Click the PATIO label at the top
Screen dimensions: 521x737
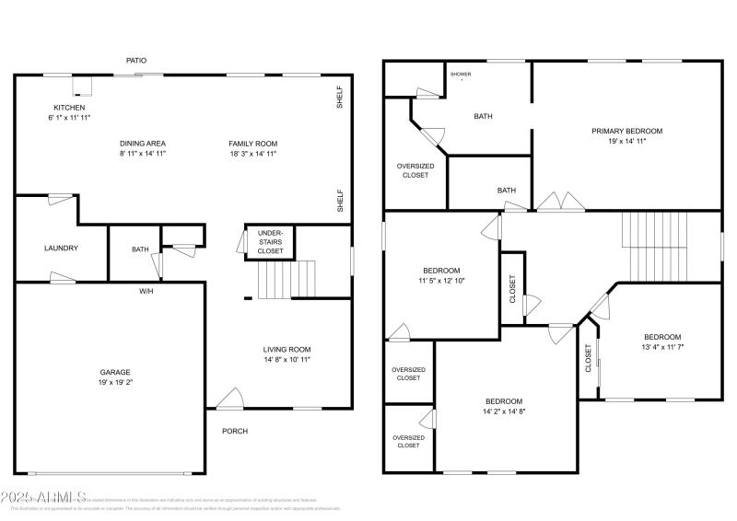point(135,61)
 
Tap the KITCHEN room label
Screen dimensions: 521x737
point(69,108)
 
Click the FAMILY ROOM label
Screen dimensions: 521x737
point(253,144)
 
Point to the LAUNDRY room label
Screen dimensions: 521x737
point(61,248)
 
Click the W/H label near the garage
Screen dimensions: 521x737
point(146,291)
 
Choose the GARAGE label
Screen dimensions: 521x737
point(115,372)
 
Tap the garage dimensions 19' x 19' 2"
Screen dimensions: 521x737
point(115,383)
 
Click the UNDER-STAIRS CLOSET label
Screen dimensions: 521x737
point(270,242)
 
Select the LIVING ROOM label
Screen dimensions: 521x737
point(287,349)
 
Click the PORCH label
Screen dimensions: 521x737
point(234,431)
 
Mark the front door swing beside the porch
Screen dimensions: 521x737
point(230,398)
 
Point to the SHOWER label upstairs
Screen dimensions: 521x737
point(461,74)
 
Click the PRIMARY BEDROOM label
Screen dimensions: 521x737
point(626,131)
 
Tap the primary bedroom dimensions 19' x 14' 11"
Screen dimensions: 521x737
point(626,142)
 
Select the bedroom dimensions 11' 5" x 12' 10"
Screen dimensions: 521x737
point(441,281)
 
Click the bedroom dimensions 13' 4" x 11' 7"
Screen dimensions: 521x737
point(662,348)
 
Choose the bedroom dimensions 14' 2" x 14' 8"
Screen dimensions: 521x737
point(504,411)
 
